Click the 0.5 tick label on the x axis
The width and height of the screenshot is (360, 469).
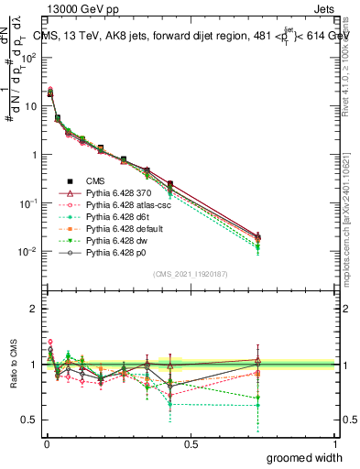click(x=191, y=444)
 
